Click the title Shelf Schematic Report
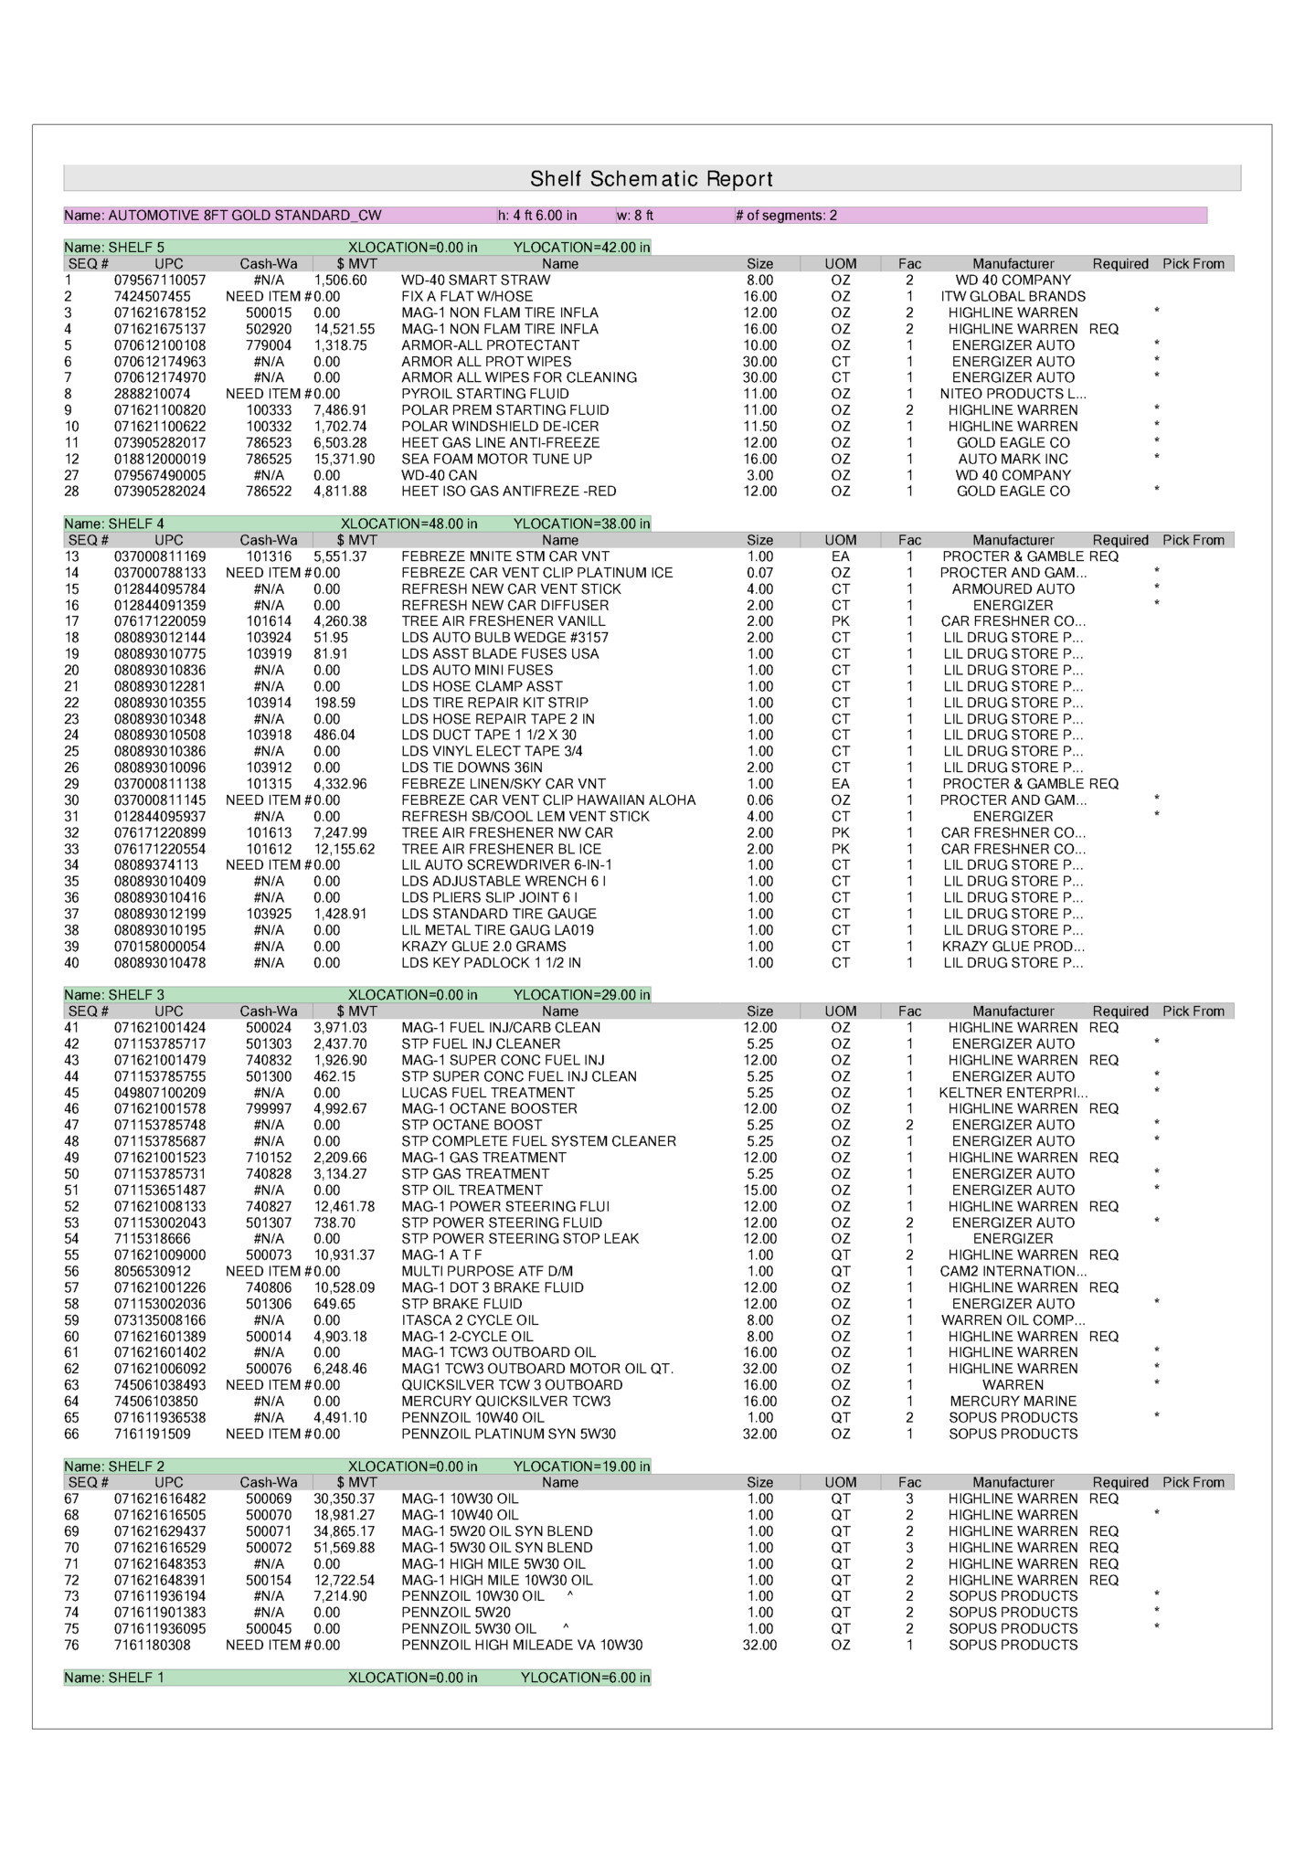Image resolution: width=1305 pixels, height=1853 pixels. point(652,179)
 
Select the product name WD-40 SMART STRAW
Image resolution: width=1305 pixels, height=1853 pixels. point(475,281)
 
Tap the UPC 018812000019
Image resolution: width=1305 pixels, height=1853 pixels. point(160,460)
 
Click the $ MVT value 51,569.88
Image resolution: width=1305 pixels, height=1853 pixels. point(345,1548)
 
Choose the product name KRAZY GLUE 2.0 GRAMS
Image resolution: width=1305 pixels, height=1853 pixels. point(483,948)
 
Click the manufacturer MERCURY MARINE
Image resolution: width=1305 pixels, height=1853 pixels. point(1013,1402)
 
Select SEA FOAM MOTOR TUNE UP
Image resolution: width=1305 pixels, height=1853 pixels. point(496,460)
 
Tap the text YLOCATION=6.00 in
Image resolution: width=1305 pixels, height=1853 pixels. point(585,1678)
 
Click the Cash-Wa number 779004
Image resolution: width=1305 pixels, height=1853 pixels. point(269,345)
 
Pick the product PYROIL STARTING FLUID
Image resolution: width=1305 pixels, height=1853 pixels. point(484,394)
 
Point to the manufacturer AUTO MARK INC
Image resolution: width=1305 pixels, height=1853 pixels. point(1013,460)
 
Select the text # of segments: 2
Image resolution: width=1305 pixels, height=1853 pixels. point(786,216)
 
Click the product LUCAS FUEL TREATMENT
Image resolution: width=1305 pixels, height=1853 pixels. point(488,1093)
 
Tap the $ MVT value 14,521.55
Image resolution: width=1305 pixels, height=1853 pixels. point(345,329)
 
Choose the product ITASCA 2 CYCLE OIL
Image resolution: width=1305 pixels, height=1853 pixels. point(470,1320)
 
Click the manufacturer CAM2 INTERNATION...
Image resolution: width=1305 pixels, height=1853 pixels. point(1013,1272)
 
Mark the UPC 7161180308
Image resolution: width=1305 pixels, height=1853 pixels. point(153,1646)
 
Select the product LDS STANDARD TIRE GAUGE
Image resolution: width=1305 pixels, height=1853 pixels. point(499,915)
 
